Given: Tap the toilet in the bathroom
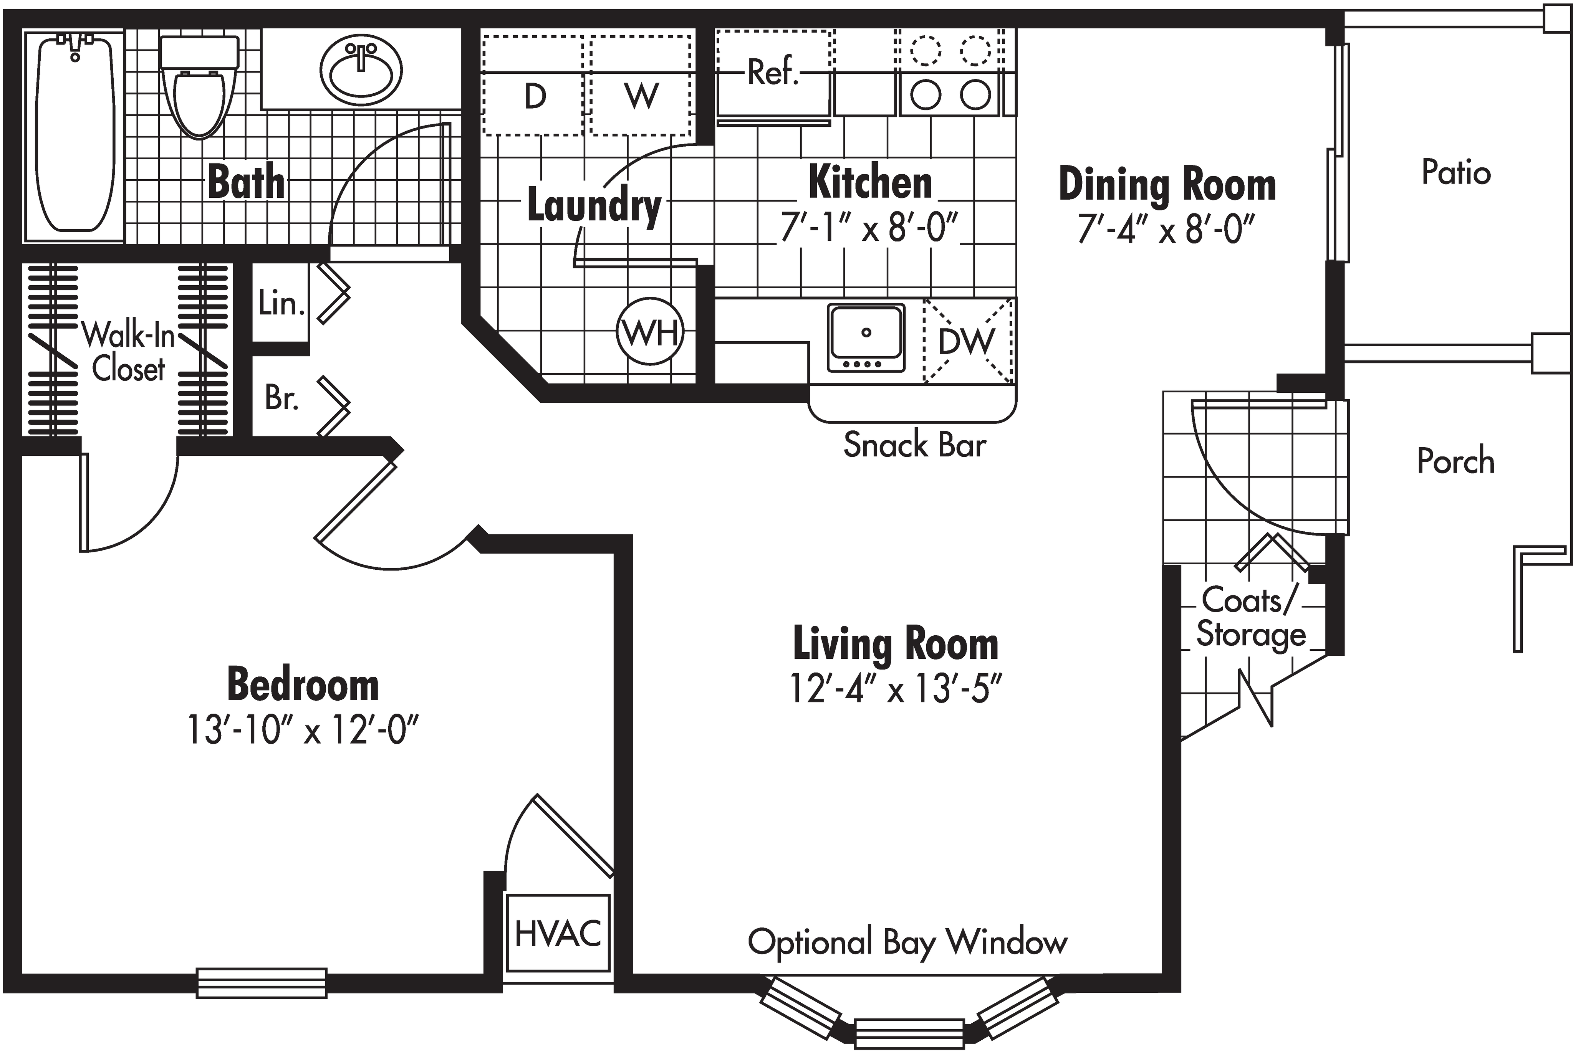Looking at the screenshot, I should coord(199,94).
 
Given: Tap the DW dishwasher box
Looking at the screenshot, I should coord(967,341).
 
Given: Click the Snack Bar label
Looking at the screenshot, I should coord(914,445).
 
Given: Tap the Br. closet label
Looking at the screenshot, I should coord(281,398).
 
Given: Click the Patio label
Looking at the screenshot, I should coord(1455,173).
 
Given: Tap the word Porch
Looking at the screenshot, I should coord(1455,461).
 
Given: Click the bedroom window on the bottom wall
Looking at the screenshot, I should coord(261,982).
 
